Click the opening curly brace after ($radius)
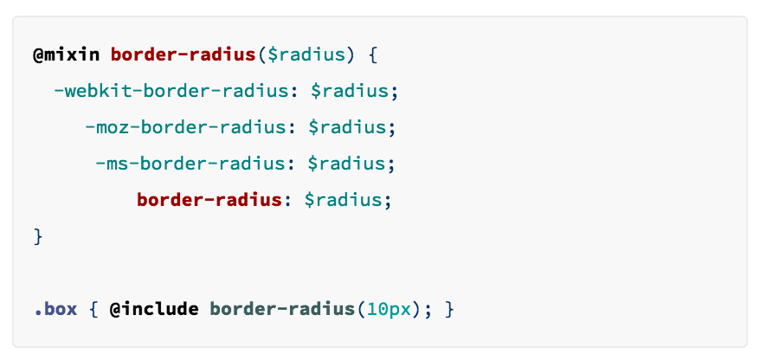pyautogui.click(x=373, y=55)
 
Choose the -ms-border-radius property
pyautogui.click(x=189, y=164)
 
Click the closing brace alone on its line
pyautogui.click(x=37, y=235)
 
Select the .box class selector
pyautogui.click(x=55, y=308)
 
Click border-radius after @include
pyautogui.click(x=283, y=308)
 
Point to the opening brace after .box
pyautogui.click(x=93, y=308)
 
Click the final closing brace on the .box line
pyautogui.click(x=448, y=308)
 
